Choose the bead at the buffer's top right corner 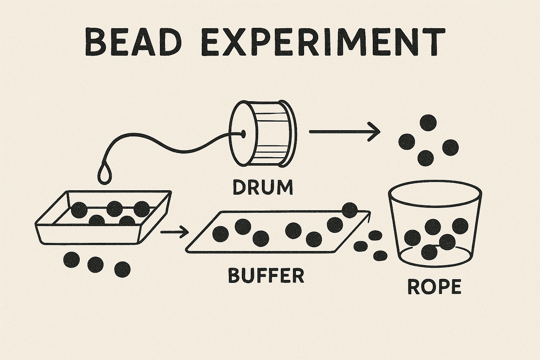(349, 210)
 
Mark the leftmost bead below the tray (72, 260)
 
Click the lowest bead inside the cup (429, 253)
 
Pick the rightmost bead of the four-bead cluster (451, 147)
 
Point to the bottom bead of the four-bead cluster (425, 158)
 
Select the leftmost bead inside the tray (79, 211)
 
